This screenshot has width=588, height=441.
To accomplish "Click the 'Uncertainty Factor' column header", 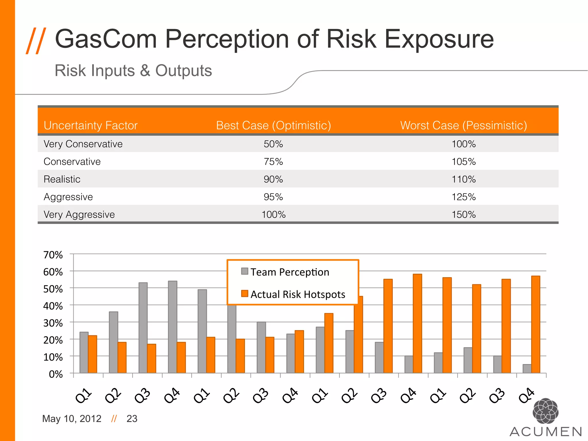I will point(90,125).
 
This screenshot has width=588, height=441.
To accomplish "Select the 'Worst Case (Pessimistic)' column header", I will point(463,125).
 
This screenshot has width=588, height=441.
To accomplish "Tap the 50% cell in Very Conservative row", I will point(273,144).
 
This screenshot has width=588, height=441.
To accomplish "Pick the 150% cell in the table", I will point(463,214).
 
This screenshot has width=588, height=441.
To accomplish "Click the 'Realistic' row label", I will point(62,179).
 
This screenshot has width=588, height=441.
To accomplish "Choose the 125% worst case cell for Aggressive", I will point(463,197).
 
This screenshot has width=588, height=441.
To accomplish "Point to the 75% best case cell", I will point(273,162).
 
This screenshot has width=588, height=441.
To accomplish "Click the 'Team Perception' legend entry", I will point(289,272).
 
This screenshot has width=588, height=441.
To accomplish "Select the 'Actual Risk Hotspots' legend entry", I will point(297,294).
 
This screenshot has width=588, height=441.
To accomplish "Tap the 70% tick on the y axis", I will point(53,255).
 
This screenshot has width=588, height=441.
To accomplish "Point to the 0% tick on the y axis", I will point(56,374).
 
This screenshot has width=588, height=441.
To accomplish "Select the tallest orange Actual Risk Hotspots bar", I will point(417,323).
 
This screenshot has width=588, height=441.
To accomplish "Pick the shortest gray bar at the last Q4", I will point(527,369).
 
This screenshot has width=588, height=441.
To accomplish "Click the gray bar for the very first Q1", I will point(84,352).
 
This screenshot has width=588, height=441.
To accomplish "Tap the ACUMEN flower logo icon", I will point(545,411).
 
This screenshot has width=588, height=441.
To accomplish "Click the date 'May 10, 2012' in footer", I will point(72,419).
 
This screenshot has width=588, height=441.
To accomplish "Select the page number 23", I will point(132,419).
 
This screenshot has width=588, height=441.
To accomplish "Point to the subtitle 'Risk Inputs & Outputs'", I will point(133,71).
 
